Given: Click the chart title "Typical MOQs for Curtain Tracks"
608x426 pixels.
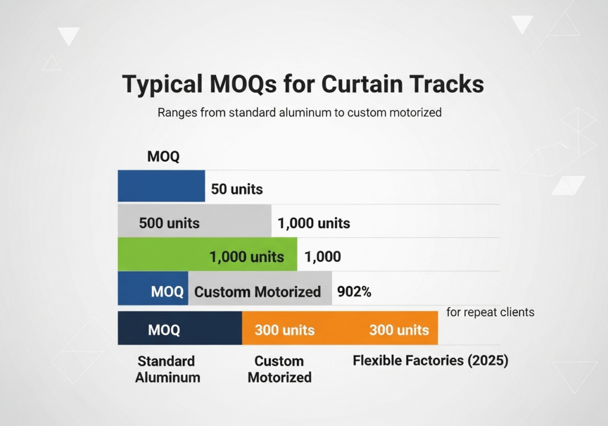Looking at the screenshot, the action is (x=303, y=84).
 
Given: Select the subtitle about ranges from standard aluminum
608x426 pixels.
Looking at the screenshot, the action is (x=299, y=112).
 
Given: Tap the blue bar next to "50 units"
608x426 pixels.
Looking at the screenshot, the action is (x=161, y=186).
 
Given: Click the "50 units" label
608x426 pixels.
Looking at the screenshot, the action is (x=237, y=189).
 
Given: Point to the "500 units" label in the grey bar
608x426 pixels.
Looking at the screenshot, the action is (x=169, y=223).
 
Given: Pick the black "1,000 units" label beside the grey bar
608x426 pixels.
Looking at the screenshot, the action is (x=313, y=223).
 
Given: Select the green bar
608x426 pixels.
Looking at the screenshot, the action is (x=207, y=254).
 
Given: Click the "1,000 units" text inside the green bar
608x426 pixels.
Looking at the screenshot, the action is (x=246, y=257).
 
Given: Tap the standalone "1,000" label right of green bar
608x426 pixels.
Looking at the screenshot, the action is (x=322, y=257).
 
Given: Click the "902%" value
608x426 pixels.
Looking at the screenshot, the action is (x=354, y=291).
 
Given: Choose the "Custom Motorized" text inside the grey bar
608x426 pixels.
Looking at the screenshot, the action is (x=258, y=292).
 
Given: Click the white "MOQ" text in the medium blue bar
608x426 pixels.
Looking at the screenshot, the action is (x=167, y=292).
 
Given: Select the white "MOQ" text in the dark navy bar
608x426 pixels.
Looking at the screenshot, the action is (x=164, y=330).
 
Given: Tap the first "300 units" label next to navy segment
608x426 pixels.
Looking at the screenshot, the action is (x=284, y=330).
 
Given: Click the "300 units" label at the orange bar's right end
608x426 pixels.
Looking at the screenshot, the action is (x=399, y=330).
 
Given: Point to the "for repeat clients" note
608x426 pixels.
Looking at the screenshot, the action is (x=490, y=312).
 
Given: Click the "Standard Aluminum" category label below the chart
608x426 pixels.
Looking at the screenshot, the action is (x=167, y=369).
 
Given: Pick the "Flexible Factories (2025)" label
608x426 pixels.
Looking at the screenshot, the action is (x=430, y=361).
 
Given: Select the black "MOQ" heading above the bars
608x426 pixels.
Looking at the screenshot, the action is (x=163, y=156).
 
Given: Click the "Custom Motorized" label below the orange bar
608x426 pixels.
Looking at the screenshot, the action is (x=280, y=369).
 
